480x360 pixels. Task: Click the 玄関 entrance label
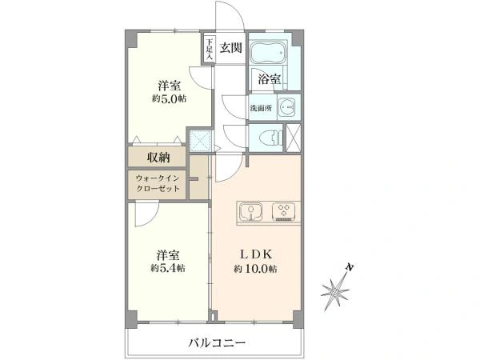coord(230,48)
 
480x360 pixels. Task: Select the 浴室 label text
coord(270,78)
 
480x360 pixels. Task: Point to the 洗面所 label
coord(261,108)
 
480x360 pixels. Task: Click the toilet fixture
coord(268,137)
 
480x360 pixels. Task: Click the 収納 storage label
coord(158,157)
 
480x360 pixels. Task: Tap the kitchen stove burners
coord(283,213)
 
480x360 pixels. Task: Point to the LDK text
coord(255,254)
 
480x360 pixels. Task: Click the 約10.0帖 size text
coord(255,270)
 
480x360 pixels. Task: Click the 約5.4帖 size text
coord(169,269)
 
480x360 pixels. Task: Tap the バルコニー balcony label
coord(217,343)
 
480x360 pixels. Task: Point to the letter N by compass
coord(350,267)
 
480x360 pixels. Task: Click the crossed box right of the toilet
coord(294,137)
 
